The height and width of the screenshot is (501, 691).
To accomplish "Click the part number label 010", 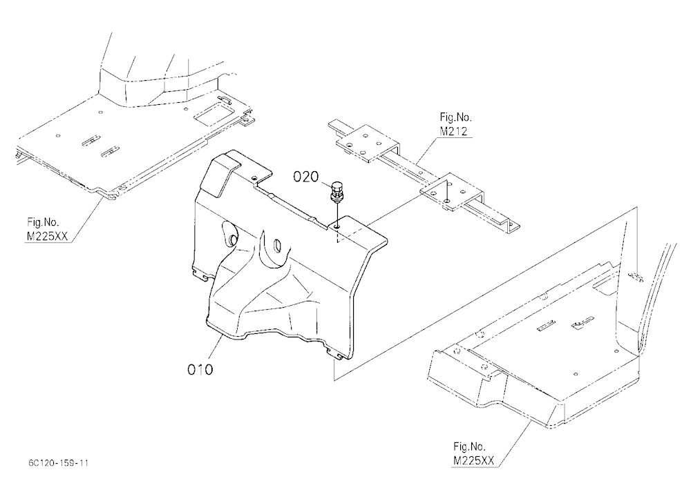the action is (200, 369).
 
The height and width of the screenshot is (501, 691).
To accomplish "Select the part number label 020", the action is (306, 177).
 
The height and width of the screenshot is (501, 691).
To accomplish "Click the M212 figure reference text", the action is (453, 130).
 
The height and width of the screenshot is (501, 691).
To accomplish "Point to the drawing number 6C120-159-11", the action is (58, 462).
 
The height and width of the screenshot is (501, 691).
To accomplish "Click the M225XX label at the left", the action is (47, 237).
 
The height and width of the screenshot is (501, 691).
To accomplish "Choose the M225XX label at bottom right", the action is (474, 460).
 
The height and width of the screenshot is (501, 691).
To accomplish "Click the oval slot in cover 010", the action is (277, 245).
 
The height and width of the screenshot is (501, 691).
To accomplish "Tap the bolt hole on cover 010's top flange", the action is (337, 226).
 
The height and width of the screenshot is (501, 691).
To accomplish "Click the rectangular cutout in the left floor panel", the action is (211, 114).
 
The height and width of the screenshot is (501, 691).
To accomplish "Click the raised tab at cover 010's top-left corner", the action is (223, 174).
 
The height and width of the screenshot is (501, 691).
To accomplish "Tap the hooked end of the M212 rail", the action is (511, 226).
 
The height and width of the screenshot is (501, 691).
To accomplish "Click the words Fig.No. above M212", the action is (455, 117).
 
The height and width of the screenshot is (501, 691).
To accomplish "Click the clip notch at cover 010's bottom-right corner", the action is (337, 355).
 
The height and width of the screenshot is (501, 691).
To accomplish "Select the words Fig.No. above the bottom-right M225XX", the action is (469, 446).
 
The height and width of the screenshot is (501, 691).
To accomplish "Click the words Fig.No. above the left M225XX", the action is (43, 222).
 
